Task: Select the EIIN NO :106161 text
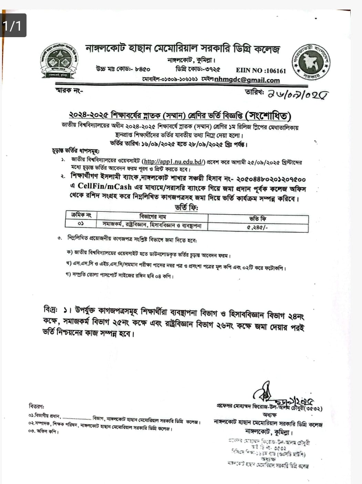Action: coord(261,71)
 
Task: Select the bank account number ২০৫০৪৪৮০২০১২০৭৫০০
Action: coord(271,179)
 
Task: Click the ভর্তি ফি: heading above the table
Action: coord(187,207)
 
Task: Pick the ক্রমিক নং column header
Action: coord(81,215)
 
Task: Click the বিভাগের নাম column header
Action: coord(153,216)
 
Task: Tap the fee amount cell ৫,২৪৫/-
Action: coord(258,227)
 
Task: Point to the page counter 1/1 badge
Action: coord(13,25)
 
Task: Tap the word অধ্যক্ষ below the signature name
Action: coord(269,415)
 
